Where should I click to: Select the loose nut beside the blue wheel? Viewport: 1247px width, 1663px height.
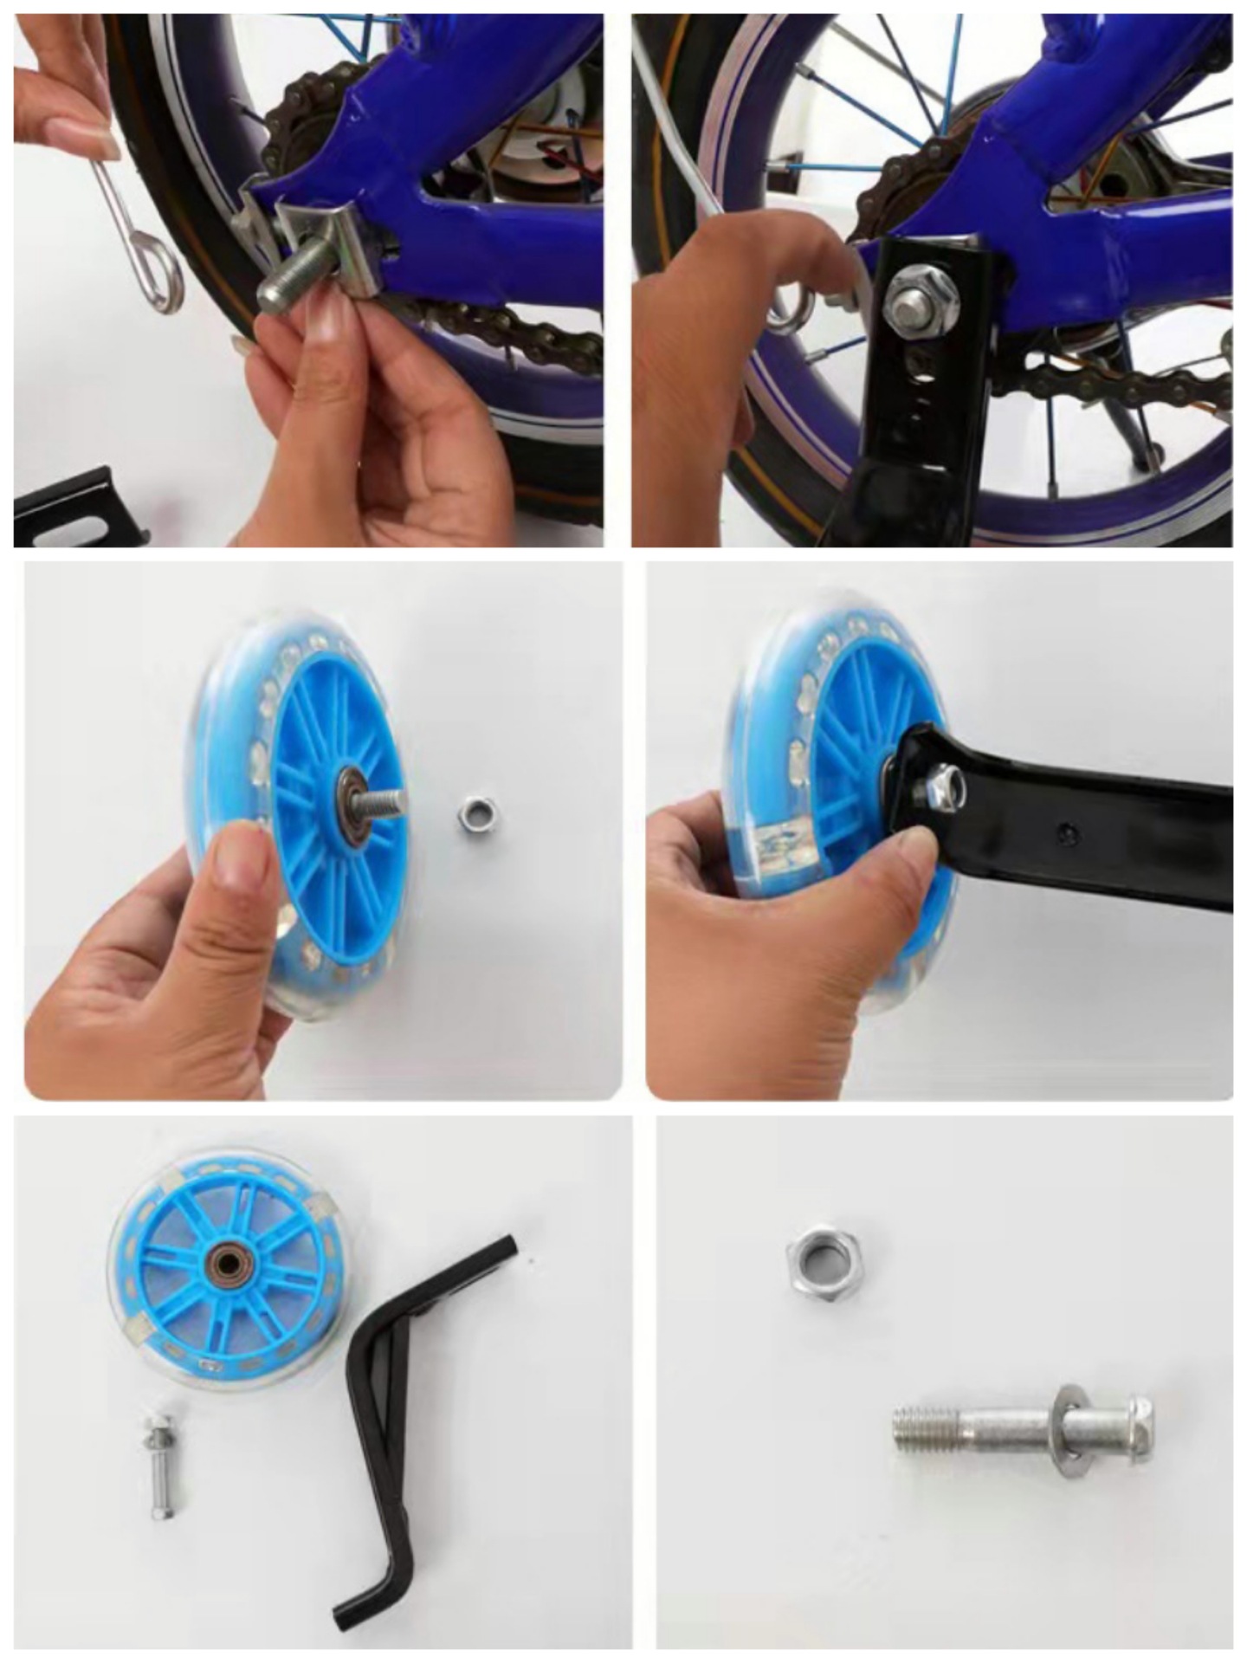(475, 814)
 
